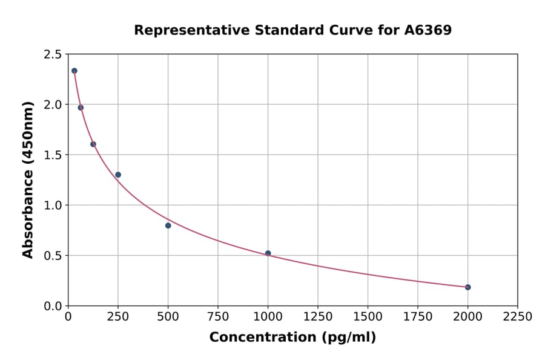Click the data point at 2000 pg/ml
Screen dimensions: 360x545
point(467,287)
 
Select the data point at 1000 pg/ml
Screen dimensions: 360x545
point(268,253)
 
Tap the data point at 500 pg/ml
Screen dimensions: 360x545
point(168,225)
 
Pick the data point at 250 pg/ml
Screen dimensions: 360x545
point(118,175)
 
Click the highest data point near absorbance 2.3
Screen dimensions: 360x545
point(74,71)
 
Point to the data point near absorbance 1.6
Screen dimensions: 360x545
point(93,144)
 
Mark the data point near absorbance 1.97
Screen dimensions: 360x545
point(81,108)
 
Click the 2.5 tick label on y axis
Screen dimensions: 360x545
point(52,55)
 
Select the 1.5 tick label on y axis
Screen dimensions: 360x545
point(52,155)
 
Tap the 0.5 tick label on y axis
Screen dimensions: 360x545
point(52,256)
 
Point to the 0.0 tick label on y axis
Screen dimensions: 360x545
point(52,306)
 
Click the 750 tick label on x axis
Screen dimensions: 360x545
point(218,317)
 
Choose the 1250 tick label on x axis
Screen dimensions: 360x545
point(318,317)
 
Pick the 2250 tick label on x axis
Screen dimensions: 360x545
point(517,317)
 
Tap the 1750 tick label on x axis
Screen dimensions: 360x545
point(417,317)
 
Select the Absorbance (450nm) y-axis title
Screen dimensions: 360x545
point(28,179)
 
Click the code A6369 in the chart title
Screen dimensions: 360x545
point(428,30)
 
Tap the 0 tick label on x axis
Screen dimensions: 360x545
point(68,317)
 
